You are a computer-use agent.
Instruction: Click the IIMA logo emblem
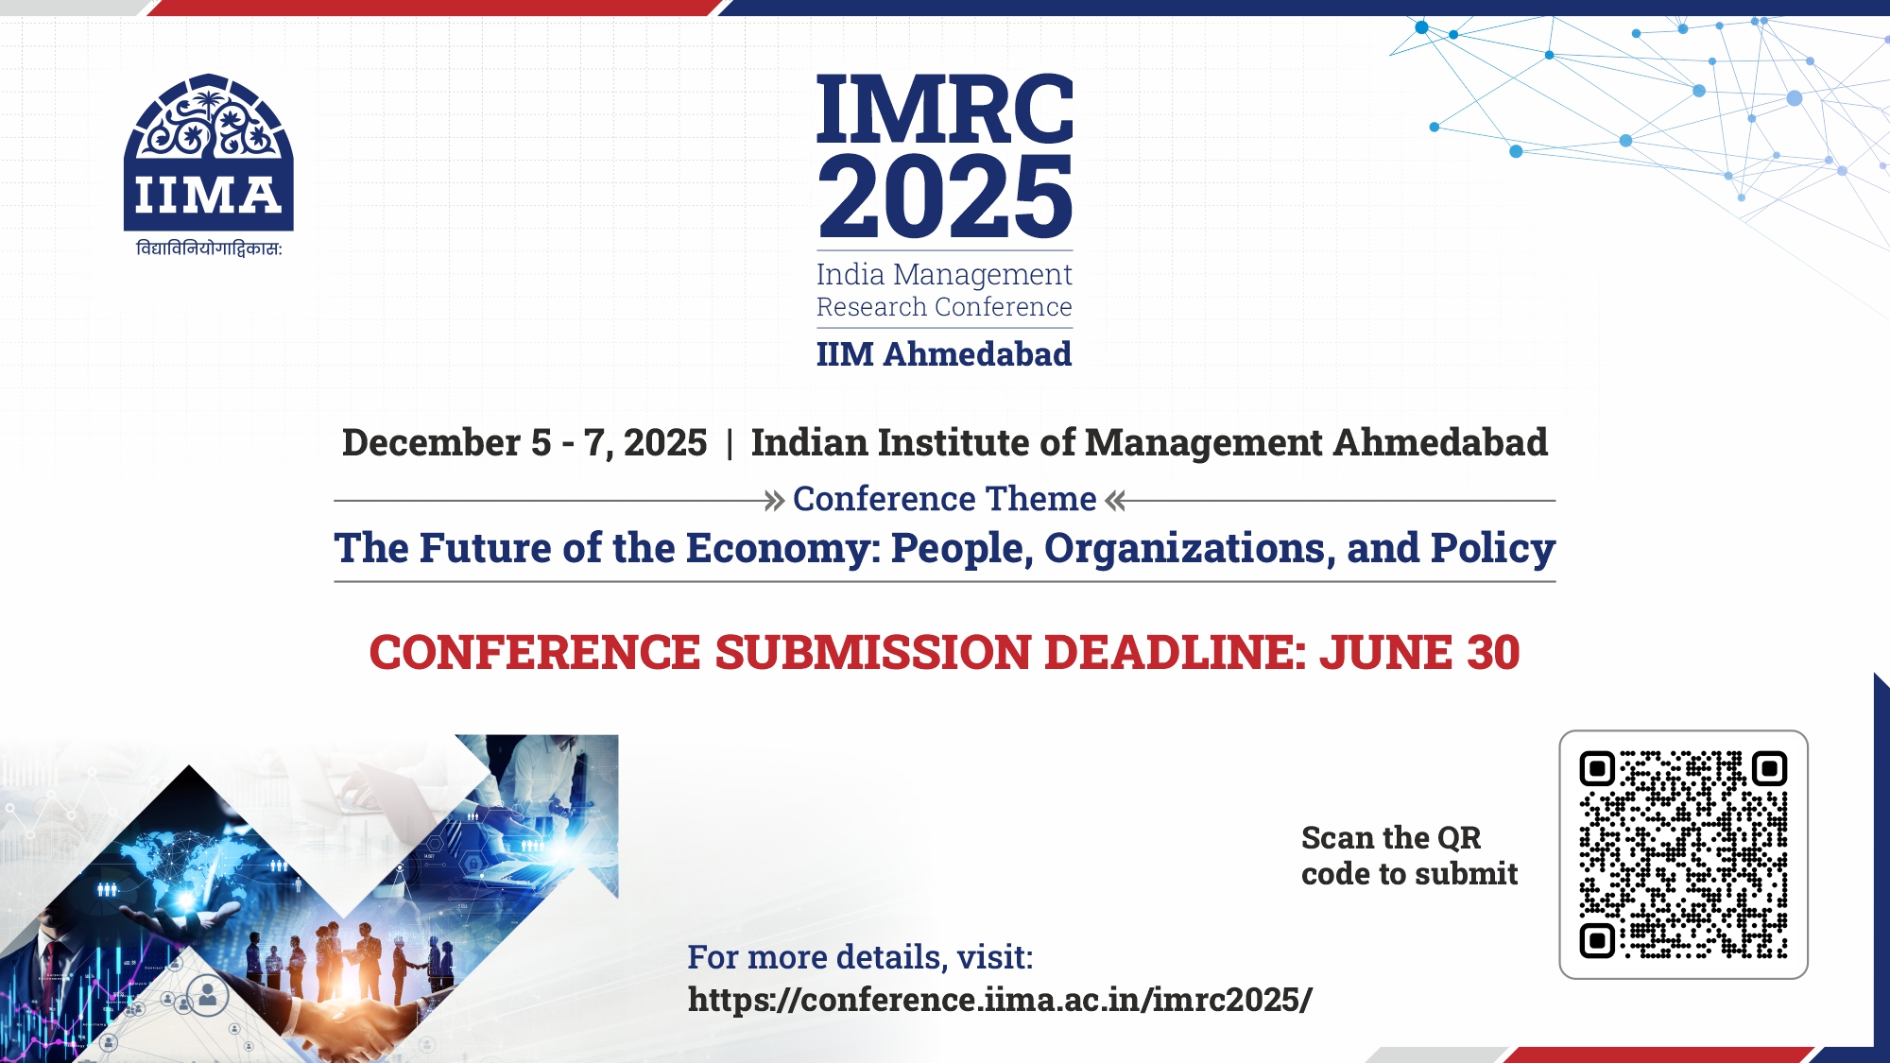209,152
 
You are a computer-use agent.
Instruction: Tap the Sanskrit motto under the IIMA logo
209,249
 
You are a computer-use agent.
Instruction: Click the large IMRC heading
945,109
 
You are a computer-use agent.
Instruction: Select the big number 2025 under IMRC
945,197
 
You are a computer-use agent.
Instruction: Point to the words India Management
944,274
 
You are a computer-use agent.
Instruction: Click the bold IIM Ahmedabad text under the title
944,354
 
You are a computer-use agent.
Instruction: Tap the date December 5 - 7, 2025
524,442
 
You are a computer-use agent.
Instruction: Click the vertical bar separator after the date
730,443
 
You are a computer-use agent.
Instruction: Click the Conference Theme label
945,499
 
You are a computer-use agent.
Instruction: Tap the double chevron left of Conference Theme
775,501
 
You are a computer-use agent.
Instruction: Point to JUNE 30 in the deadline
1419,652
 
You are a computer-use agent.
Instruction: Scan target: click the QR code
1683,854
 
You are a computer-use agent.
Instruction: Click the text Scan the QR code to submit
1409,856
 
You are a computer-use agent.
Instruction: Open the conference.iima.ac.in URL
1000,1000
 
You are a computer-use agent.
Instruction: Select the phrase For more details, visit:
860,957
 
